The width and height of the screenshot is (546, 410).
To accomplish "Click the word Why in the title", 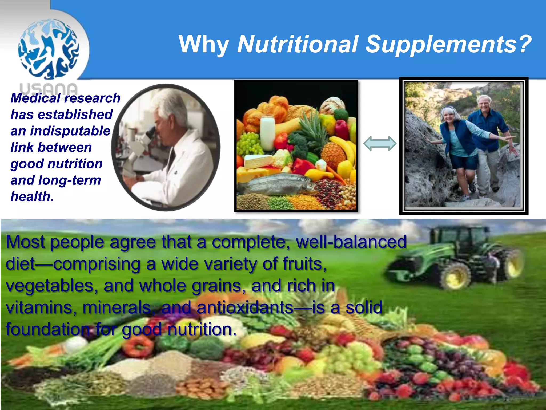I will point(204,44).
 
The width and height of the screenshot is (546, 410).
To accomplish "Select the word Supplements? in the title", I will point(448,44).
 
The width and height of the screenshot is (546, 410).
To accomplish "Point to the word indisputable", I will point(70,131).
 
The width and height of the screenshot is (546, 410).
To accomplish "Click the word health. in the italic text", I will point(32,197).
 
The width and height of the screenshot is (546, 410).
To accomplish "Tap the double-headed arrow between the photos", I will point(380,144).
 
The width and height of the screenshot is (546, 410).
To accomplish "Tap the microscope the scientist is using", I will point(141,144).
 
